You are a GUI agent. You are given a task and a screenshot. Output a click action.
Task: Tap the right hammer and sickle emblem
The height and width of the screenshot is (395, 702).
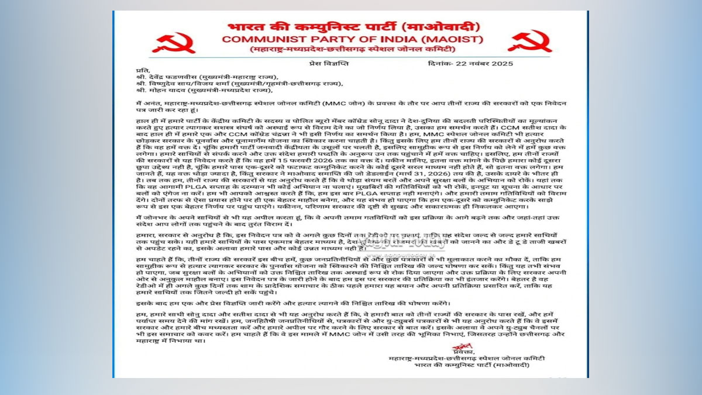pyautogui.click(x=529, y=41)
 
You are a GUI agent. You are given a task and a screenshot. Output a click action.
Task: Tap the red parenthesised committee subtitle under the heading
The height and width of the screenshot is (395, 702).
pyautogui.click(x=349, y=50)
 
